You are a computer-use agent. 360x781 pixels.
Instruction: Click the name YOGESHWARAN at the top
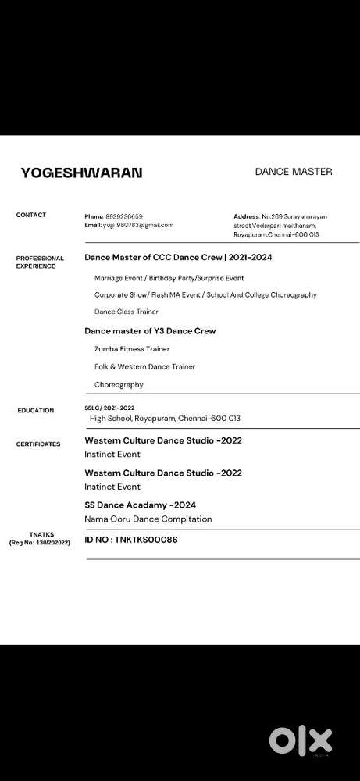(x=82, y=173)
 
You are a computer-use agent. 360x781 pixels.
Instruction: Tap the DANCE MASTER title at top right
(x=294, y=172)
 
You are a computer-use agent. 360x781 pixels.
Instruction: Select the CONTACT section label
(x=31, y=215)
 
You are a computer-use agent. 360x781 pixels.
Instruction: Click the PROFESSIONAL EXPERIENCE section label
(x=40, y=262)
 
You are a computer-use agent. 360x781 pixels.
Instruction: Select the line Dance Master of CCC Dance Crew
(x=178, y=257)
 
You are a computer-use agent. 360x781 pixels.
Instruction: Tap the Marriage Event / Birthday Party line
(x=169, y=278)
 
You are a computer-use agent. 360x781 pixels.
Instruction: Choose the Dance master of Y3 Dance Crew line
(x=150, y=331)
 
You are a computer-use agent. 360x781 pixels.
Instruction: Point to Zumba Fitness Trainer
(x=131, y=349)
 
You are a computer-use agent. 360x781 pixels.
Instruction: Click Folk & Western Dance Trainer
(x=144, y=366)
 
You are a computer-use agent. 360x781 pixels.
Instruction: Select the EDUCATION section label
(x=36, y=410)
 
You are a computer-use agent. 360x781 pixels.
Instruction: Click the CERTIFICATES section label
(x=38, y=444)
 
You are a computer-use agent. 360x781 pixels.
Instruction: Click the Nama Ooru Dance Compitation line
(x=148, y=519)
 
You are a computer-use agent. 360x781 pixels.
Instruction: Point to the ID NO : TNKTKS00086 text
(x=130, y=539)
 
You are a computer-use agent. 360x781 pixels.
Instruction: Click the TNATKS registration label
(x=39, y=538)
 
